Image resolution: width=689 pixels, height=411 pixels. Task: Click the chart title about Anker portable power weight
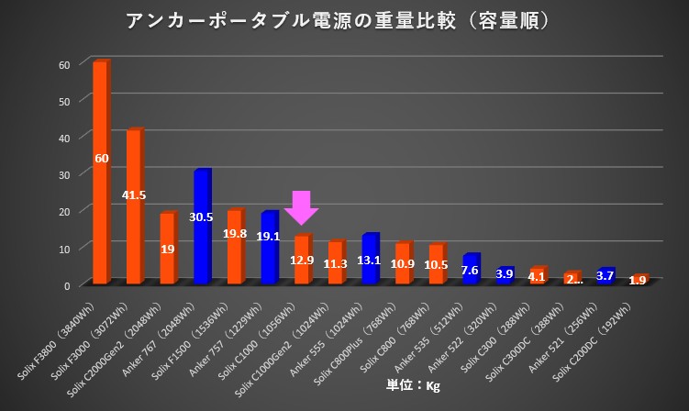(x=344, y=20)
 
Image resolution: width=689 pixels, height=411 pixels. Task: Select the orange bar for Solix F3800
(x=101, y=174)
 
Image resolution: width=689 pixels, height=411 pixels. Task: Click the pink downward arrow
(x=301, y=207)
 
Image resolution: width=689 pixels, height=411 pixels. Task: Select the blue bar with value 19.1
(x=269, y=248)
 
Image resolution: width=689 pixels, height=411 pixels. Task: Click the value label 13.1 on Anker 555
(x=370, y=260)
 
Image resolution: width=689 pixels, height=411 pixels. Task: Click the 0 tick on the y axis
(x=67, y=285)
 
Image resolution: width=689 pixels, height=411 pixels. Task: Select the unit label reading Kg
(x=412, y=385)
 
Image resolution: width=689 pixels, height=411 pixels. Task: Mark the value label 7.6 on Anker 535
(x=470, y=270)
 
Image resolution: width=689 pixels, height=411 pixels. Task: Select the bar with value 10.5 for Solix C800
(x=437, y=264)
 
